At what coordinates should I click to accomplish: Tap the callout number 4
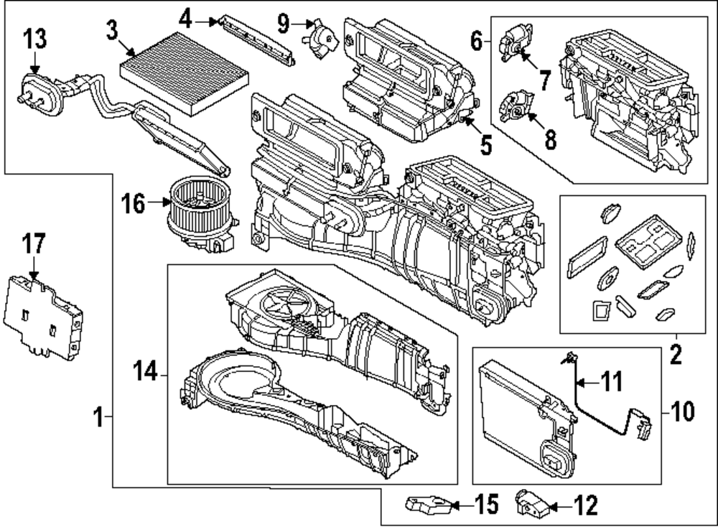pos(186,19)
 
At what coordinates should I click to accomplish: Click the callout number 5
pos(486,145)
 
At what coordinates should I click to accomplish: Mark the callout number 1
pos(100,416)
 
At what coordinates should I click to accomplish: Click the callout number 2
pos(676,353)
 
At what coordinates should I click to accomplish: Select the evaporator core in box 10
pos(517,416)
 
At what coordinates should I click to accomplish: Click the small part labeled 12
pos(532,505)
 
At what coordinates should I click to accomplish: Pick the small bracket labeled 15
pos(429,505)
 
